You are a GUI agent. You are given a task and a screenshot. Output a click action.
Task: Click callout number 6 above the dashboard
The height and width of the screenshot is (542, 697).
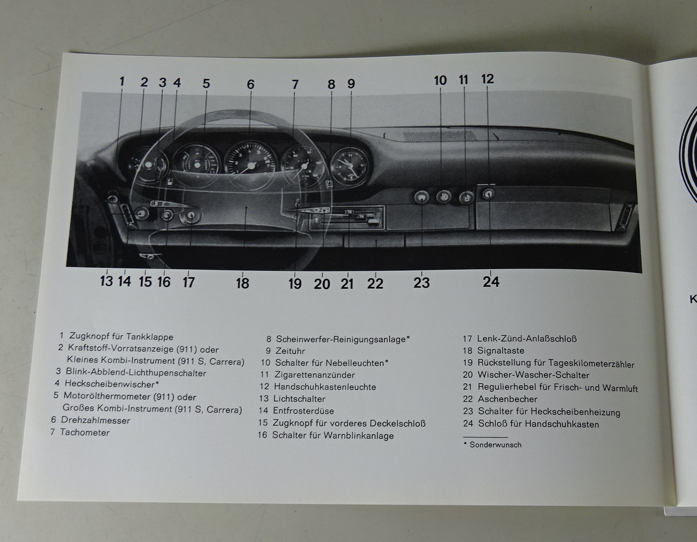250,85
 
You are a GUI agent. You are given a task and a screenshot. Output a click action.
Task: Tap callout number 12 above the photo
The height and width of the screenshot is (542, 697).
487,79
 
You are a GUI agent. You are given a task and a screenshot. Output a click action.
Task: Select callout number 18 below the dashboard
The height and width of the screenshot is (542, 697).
243,284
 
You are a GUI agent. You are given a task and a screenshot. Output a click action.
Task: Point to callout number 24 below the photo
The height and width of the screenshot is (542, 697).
491,282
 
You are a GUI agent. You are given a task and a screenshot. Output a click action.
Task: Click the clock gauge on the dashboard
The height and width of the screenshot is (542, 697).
350,166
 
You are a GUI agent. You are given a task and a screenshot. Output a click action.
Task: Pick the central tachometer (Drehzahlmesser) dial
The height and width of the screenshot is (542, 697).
250,165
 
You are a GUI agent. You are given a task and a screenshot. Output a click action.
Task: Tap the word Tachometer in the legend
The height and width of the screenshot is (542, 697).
85,432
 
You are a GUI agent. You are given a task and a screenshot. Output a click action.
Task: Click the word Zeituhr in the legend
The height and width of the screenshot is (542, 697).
290,351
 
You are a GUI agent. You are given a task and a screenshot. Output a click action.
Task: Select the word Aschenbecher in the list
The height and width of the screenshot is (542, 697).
508,399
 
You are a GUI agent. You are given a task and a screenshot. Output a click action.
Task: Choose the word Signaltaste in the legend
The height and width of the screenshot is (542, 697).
501,351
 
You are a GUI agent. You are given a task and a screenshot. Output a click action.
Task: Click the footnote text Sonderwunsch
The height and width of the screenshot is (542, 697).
496,445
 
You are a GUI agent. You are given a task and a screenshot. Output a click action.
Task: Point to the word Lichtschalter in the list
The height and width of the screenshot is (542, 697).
299,399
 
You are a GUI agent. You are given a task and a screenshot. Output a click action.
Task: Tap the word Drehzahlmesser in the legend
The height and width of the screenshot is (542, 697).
95,420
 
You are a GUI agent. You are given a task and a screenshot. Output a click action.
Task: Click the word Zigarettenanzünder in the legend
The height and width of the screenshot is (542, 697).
315,375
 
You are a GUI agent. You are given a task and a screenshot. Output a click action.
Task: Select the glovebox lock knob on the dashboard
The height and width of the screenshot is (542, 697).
488,194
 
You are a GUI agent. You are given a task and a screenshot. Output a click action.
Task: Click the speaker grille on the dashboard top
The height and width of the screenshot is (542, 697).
439,135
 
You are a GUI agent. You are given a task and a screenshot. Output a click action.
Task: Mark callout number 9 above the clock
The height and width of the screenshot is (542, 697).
351,84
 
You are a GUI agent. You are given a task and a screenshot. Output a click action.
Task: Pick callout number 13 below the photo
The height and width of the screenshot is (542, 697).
106,281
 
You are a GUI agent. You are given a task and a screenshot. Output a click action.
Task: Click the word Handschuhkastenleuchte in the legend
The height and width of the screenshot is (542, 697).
325,387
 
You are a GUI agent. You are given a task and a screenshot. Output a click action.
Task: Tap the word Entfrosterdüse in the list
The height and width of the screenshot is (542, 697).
304,411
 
